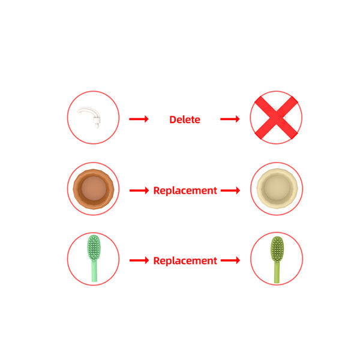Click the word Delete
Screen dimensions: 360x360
coord(185,119)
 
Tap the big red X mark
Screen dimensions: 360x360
coord(276,118)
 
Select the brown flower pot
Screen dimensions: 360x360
coord(94,189)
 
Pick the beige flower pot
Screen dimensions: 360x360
coord(277,188)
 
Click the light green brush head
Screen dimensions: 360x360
coord(94,247)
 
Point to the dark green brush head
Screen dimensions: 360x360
coord(277,249)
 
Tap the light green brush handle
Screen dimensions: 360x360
coord(94,271)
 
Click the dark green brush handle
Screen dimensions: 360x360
coord(277,272)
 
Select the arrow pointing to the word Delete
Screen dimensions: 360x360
coord(139,119)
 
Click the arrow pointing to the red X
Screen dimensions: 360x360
coord(230,119)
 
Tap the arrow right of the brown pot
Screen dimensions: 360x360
coord(139,190)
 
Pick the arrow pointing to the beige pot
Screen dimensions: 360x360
coord(230,190)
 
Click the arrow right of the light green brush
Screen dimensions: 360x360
coord(139,260)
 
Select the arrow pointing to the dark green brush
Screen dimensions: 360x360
coord(230,260)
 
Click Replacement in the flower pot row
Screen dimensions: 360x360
coord(185,191)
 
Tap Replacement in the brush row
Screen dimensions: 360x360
coord(185,261)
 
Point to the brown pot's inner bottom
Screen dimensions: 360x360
coord(94,188)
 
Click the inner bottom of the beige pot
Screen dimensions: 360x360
coord(277,188)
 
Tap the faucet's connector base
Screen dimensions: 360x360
coord(97,122)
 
